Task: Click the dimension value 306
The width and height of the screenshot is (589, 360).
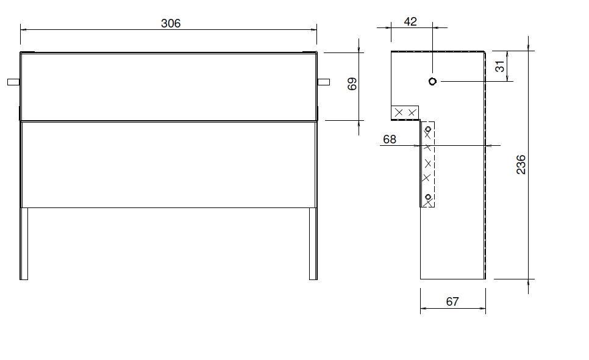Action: (171, 23)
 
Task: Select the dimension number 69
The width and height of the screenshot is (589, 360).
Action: (352, 84)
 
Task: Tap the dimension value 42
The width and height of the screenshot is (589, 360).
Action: (410, 22)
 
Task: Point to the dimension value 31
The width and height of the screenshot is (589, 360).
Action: (500, 66)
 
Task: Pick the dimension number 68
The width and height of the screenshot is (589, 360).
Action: (390, 139)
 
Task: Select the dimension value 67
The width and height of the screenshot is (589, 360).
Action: (452, 301)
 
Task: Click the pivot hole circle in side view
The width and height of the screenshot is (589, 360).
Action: (432, 81)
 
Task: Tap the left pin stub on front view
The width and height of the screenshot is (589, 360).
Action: (13, 82)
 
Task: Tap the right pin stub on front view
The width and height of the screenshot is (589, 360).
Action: (324, 82)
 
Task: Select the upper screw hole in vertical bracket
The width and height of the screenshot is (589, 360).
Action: (428, 130)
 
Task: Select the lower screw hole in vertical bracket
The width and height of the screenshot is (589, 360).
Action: (428, 196)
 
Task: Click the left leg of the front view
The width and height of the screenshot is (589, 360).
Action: (24, 243)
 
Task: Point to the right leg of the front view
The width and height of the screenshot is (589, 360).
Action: (313, 243)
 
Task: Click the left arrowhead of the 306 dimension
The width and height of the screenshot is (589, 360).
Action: (23, 29)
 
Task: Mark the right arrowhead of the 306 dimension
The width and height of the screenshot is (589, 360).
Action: (315, 29)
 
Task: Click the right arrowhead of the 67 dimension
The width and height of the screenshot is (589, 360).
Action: (484, 309)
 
